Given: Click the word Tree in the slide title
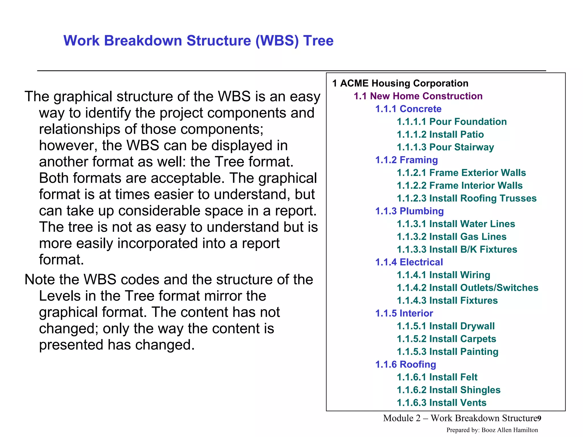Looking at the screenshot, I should click(x=318, y=40).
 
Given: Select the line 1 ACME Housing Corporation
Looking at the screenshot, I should click(x=400, y=83).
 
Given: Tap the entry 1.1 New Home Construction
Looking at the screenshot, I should click(x=418, y=96).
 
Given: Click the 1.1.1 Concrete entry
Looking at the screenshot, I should click(x=408, y=109).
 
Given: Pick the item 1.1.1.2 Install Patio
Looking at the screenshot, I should click(x=440, y=135).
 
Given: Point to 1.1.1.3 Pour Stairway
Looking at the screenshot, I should click(x=445, y=147).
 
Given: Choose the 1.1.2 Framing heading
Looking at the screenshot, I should click(x=406, y=160).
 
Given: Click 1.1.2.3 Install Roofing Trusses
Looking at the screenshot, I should click(x=467, y=198).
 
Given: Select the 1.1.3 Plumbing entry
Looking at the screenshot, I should click(x=409, y=211).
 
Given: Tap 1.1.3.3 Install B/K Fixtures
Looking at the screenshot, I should click(x=457, y=250).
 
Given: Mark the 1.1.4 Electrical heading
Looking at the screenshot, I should click(x=409, y=262).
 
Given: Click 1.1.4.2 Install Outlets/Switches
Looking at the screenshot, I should click(x=467, y=288).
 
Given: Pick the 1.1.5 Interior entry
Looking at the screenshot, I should click(x=404, y=313).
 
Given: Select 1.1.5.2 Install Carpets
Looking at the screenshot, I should click(x=446, y=339).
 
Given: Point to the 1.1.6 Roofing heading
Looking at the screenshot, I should click(x=405, y=364).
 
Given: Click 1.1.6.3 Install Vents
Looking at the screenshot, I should click(x=442, y=403).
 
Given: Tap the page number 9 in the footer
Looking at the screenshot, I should click(x=539, y=419).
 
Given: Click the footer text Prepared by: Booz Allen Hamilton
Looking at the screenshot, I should click(x=492, y=430).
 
